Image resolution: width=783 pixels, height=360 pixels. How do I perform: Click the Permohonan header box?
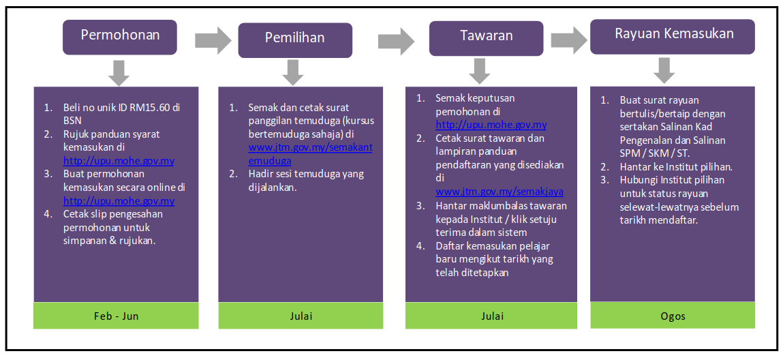[x=120, y=37]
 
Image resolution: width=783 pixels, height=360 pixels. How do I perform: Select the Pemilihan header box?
[x=295, y=40]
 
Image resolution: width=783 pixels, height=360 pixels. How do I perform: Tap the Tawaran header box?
[x=487, y=38]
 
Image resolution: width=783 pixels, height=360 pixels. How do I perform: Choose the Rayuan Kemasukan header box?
[x=673, y=36]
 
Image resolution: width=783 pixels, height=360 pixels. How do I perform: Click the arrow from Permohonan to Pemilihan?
[x=214, y=40]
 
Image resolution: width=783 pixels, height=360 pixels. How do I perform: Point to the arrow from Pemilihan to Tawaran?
[x=397, y=40]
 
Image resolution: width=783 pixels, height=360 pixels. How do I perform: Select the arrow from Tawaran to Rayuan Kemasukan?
[x=570, y=40]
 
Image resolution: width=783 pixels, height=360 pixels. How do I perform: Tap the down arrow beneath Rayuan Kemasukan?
[x=664, y=70]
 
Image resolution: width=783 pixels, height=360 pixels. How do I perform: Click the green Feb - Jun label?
[x=116, y=316]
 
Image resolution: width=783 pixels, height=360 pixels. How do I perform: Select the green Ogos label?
[x=673, y=316]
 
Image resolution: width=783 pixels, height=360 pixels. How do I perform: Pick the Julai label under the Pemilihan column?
[x=301, y=316]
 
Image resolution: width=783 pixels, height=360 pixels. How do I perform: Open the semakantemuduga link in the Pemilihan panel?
[x=310, y=154]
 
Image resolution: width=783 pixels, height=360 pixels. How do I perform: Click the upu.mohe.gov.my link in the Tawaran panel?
[x=491, y=125]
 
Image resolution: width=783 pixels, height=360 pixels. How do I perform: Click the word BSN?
[x=72, y=121]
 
